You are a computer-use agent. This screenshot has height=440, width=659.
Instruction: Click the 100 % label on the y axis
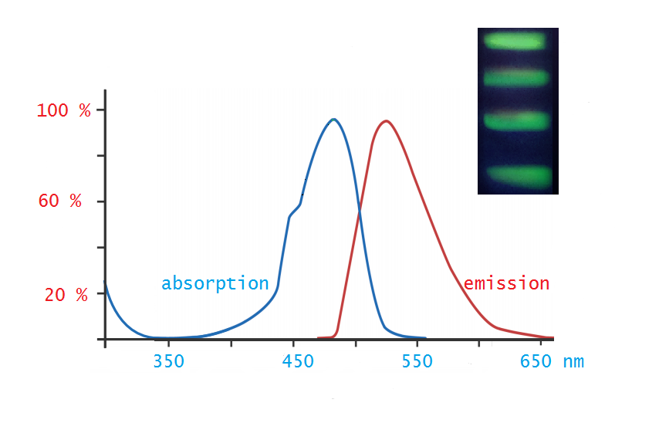click(x=63, y=110)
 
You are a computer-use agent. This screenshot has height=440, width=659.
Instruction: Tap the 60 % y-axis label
click(x=59, y=201)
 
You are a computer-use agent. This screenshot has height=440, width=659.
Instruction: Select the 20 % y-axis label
click(x=66, y=295)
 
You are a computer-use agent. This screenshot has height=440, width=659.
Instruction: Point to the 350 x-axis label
click(x=168, y=361)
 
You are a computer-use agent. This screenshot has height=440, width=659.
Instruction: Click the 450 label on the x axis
click(x=298, y=361)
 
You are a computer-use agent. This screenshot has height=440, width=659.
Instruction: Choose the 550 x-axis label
click(x=417, y=361)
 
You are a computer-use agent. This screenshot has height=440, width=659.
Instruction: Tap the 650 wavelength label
click(x=536, y=361)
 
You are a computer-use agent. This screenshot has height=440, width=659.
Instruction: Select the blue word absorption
click(x=215, y=283)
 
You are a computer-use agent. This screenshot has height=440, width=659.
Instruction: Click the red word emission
click(x=506, y=283)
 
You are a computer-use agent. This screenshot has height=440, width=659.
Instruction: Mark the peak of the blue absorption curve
click(x=333, y=120)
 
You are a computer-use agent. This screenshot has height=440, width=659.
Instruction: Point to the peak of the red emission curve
click(x=386, y=121)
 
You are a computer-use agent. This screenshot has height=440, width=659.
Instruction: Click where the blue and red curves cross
click(x=360, y=212)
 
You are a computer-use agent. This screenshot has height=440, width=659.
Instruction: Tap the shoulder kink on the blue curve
click(x=290, y=216)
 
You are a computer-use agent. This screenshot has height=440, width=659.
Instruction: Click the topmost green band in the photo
click(x=514, y=41)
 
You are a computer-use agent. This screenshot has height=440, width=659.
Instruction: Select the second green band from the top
click(x=516, y=78)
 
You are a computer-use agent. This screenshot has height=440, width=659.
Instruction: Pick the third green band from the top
click(x=516, y=120)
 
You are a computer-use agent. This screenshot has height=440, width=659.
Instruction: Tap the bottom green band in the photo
click(x=519, y=177)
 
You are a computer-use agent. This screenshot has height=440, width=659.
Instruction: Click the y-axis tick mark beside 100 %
click(x=101, y=110)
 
